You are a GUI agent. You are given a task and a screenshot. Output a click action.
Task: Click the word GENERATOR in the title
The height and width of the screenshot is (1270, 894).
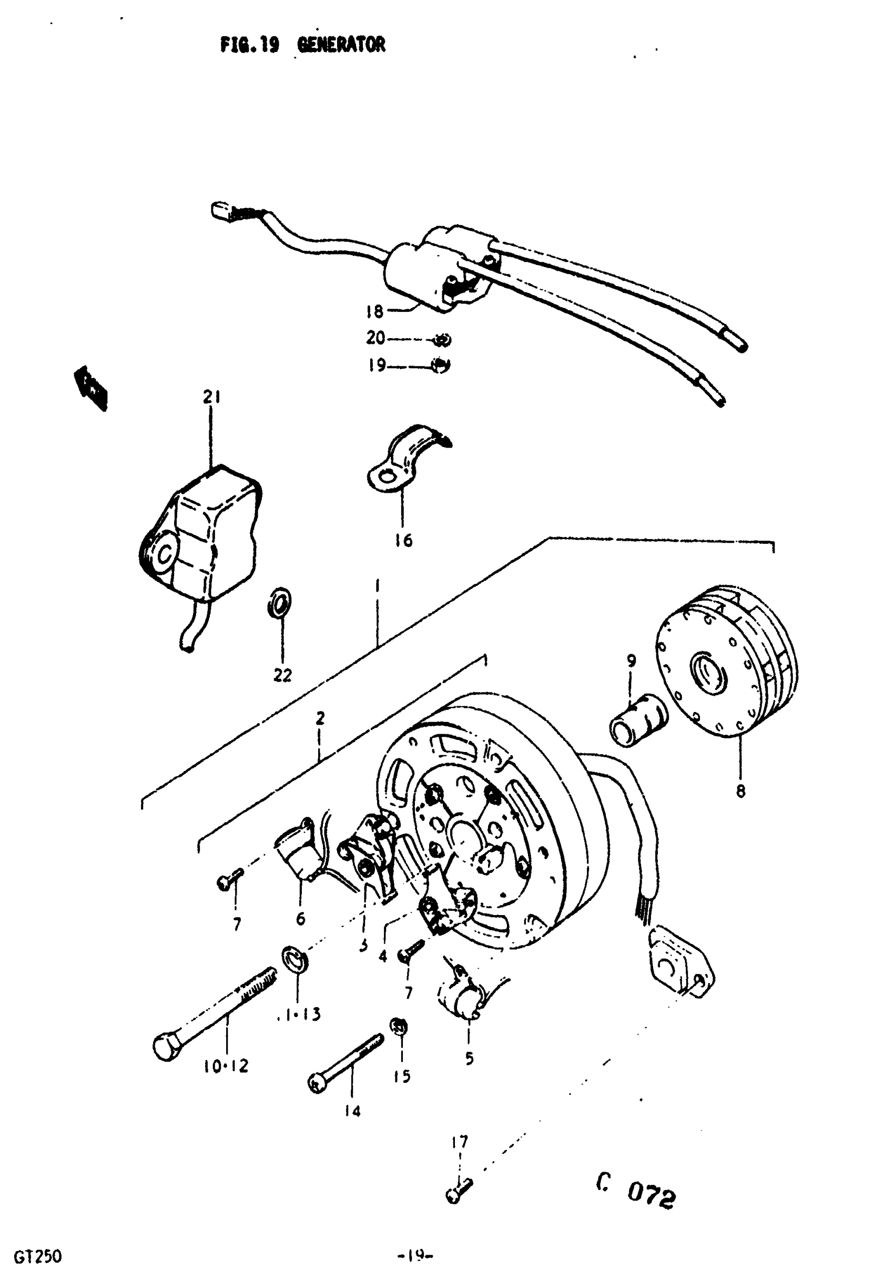coord(341,45)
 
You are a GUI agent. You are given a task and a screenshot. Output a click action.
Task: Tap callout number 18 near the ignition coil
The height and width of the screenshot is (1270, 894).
coord(374,312)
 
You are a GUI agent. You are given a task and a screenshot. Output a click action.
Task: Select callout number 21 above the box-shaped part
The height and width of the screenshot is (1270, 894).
coord(211,397)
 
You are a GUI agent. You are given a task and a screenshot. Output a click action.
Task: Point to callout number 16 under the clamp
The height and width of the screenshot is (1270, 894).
coord(404,540)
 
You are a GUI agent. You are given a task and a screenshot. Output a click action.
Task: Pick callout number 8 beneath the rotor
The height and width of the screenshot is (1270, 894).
coord(741,791)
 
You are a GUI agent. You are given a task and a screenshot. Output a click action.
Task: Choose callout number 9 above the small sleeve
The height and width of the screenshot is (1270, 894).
coord(631,661)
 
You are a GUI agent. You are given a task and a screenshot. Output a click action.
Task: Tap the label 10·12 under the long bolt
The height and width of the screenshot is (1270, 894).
coord(225,1066)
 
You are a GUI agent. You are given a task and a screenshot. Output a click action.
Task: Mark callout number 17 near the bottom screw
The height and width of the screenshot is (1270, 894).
coord(460,1142)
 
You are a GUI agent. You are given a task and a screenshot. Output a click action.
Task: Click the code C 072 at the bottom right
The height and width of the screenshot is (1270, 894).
coord(636,1195)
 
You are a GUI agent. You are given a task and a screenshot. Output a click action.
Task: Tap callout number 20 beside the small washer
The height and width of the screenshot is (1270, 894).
coord(375,338)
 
